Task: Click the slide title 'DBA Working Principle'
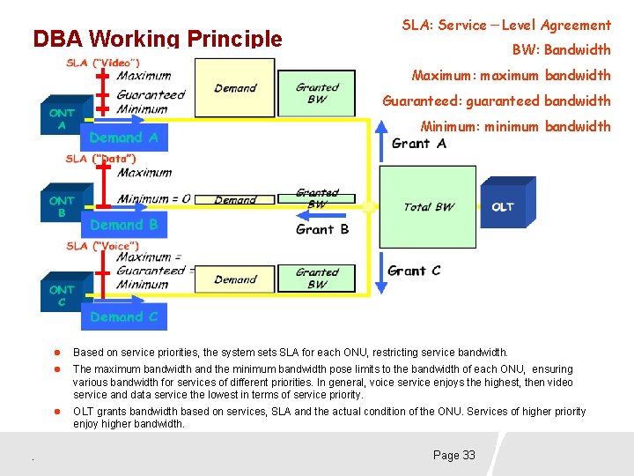pos(158,39)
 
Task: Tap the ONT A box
pos(63,118)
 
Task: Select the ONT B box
pos(63,206)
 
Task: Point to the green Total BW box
pos(429,206)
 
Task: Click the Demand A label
pos(124,138)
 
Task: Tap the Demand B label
pos(124,225)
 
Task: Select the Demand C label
pos(124,316)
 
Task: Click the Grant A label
pos(419,144)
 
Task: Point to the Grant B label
pos(322,229)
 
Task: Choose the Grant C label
pos(414,271)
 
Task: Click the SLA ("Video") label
pos(103,63)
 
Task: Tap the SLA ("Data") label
pos(101,159)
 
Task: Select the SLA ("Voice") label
pos(103,246)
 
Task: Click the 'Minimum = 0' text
pos(154,198)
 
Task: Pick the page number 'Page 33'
pos(453,455)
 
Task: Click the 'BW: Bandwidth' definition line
pos(561,50)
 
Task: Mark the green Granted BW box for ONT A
pos(317,93)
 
